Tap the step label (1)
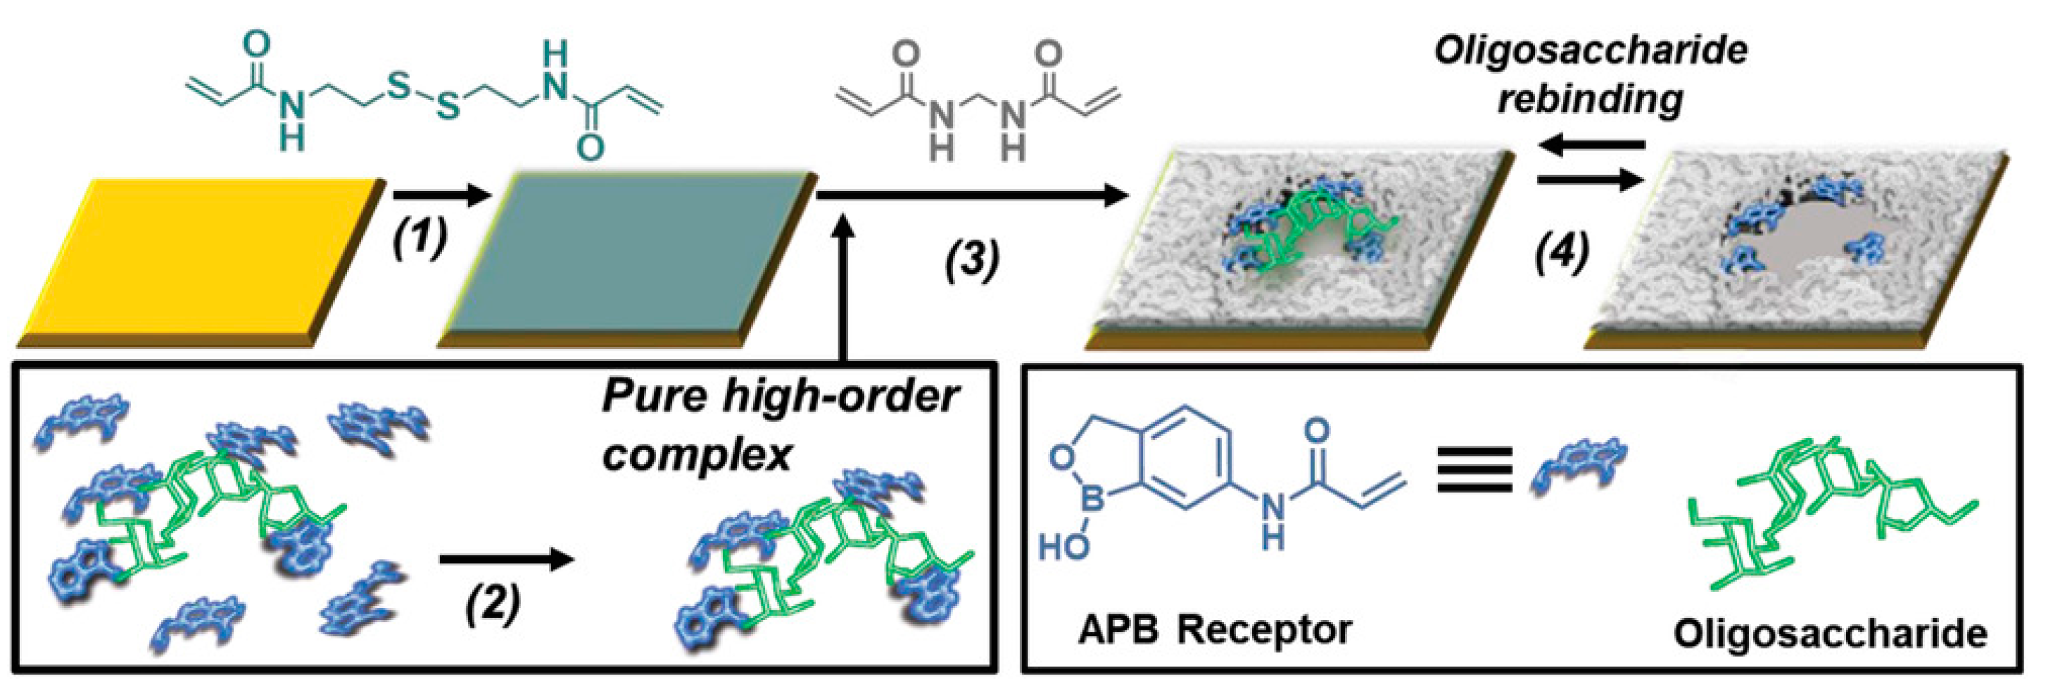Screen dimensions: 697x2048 click(x=419, y=239)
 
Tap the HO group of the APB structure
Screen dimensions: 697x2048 click(x=1063, y=546)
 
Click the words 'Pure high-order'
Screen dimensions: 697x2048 click(x=779, y=395)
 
